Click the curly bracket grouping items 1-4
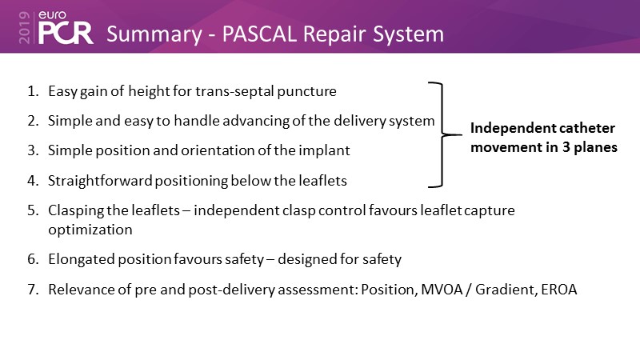(x=438, y=134)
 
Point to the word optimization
(x=90, y=229)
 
